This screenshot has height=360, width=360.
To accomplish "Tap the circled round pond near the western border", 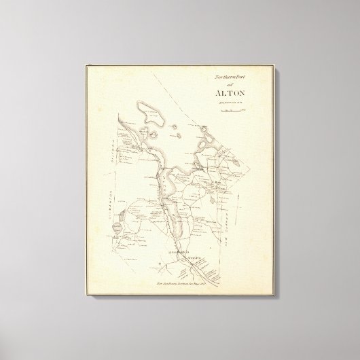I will pos(118,227).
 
